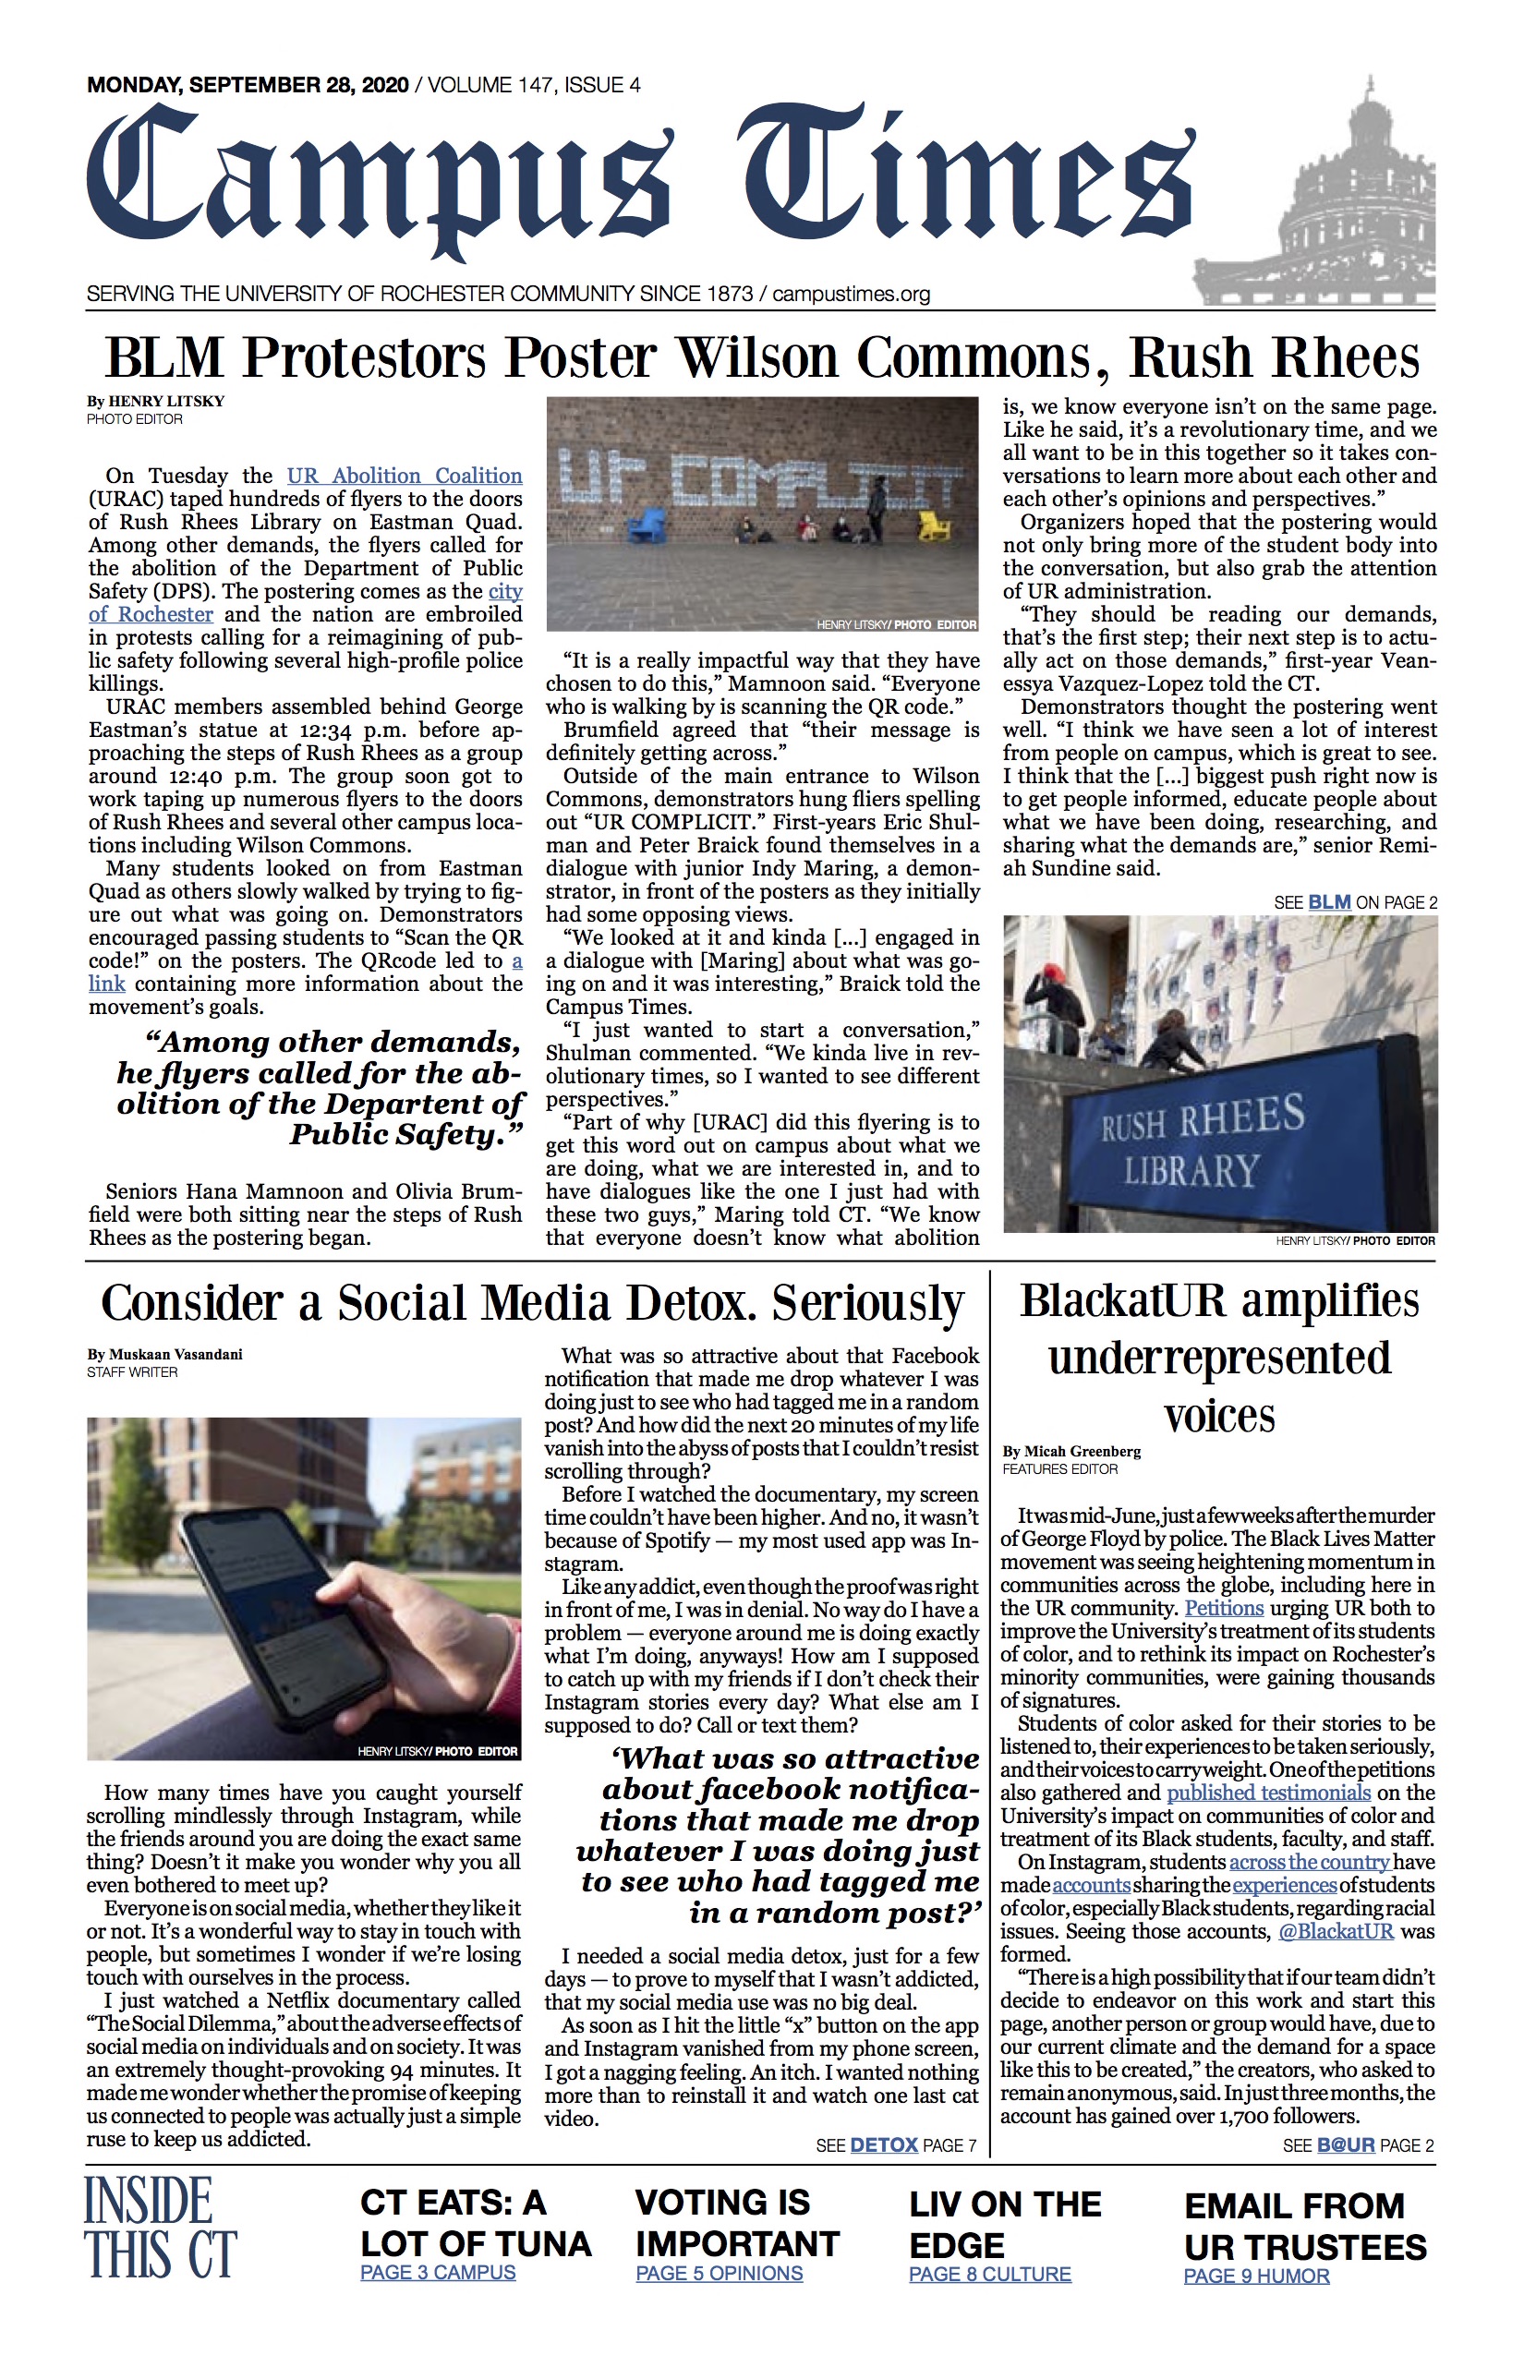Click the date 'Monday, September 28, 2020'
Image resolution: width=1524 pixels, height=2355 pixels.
coord(248,85)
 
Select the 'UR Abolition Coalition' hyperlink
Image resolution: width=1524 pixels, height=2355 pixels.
coord(404,476)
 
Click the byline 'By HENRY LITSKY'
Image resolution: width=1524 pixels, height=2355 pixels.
coord(155,402)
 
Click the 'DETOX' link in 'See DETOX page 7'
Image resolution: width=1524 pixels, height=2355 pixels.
coord(884,2145)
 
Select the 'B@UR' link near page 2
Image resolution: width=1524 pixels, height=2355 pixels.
coord(1345,2145)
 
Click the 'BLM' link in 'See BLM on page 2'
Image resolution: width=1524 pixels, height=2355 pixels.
coord(1329,901)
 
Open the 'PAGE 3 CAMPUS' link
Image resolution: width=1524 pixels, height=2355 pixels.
coord(438,2272)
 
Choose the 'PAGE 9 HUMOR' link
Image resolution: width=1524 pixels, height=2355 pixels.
coord(1256,2276)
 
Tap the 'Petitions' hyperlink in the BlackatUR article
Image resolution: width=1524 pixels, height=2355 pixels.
coord(1224,1608)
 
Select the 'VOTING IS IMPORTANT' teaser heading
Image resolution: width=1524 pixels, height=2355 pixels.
coord(737,2221)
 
